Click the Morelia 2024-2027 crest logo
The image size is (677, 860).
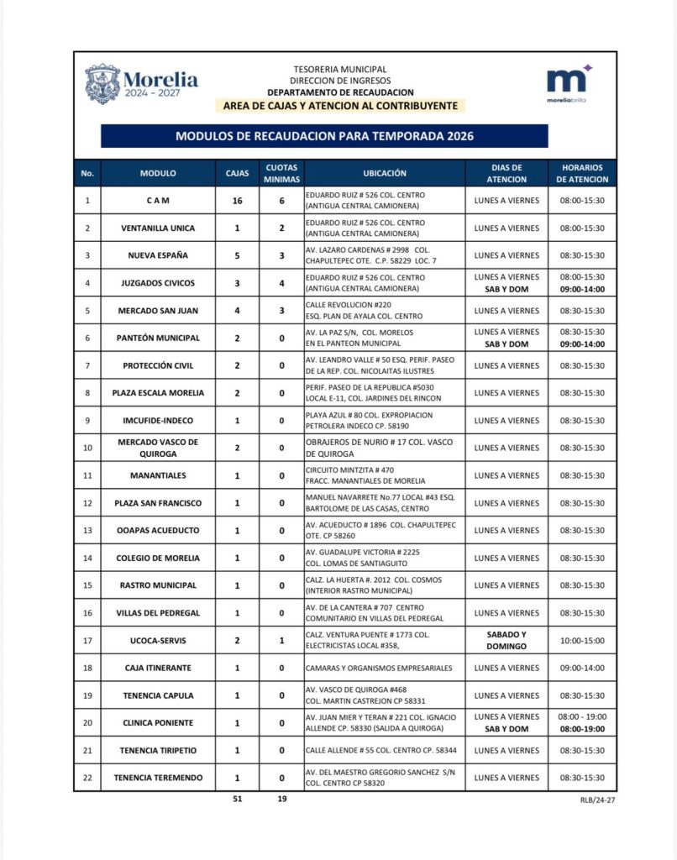pyautogui.click(x=103, y=83)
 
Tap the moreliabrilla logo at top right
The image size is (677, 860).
pyautogui.click(x=569, y=83)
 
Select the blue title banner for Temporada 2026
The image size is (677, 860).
pyautogui.click(x=324, y=136)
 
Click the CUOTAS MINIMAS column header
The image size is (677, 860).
pyautogui.click(x=281, y=173)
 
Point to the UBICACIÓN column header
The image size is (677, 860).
pyautogui.click(x=384, y=173)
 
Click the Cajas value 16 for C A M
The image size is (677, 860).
pyautogui.click(x=237, y=201)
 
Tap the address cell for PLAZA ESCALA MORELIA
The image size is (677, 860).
pyautogui.click(x=384, y=393)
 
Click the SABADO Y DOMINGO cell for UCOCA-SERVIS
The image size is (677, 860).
pyautogui.click(x=506, y=641)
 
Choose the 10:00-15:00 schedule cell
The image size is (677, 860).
pyautogui.click(x=582, y=641)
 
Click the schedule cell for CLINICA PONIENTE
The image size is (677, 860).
pyautogui.click(x=582, y=723)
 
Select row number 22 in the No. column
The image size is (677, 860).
pyautogui.click(x=87, y=778)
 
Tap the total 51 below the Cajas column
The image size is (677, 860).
pyautogui.click(x=238, y=799)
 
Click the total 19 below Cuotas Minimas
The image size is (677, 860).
pyautogui.click(x=281, y=799)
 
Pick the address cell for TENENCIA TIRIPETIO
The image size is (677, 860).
pyautogui.click(x=384, y=751)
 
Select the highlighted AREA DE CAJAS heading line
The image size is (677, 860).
pyautogui.click(x=340, y=106)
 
